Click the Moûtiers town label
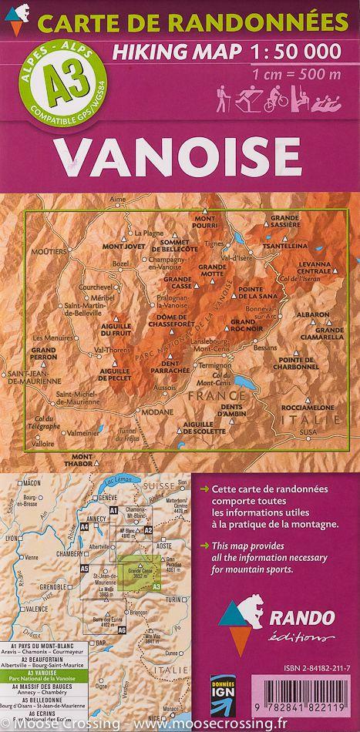pos(45,251)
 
